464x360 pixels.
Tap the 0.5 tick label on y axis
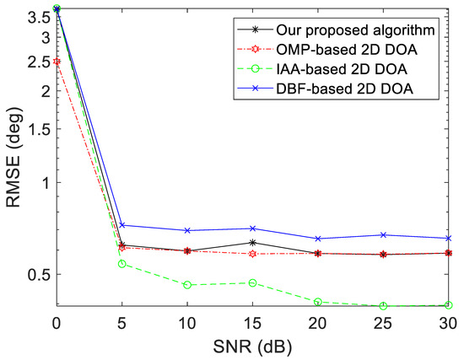37,274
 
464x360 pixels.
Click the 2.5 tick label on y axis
37,62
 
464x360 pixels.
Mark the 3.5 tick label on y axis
37,17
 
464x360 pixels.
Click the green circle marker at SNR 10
187,285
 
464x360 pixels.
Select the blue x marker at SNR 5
122,225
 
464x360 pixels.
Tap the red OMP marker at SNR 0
57,62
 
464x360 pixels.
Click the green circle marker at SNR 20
318,302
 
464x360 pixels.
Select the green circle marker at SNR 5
122,264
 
